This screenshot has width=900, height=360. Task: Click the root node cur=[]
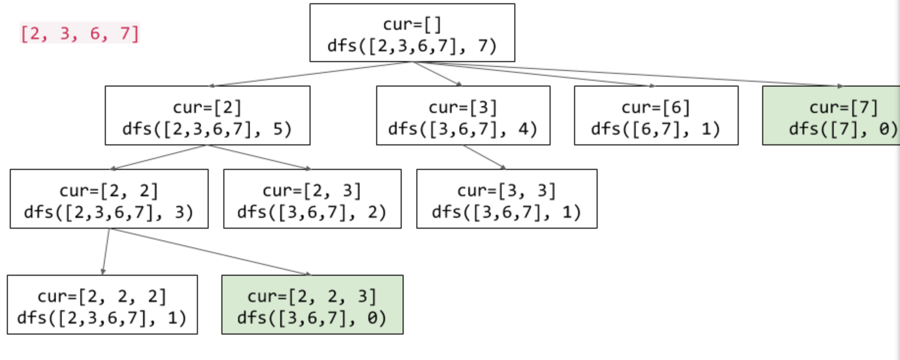pos(412,33)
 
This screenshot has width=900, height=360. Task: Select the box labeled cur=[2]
pos(207,116)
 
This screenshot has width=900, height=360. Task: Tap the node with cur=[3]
pos(463,116)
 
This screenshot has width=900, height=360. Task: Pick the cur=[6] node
pos(656,116)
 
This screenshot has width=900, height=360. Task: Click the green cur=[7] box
pos(831,116)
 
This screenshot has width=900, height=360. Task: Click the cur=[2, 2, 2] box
pos(102,304)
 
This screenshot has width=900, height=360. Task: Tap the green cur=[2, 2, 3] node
pos(312,304)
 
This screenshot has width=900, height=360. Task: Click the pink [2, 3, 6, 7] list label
pos(80,33)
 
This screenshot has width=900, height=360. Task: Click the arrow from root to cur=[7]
pos(627,74)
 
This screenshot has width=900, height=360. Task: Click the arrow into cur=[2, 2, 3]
pos(209,252)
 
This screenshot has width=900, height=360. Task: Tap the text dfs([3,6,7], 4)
pos(463,129)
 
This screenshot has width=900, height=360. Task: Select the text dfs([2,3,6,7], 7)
pos(412,46)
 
